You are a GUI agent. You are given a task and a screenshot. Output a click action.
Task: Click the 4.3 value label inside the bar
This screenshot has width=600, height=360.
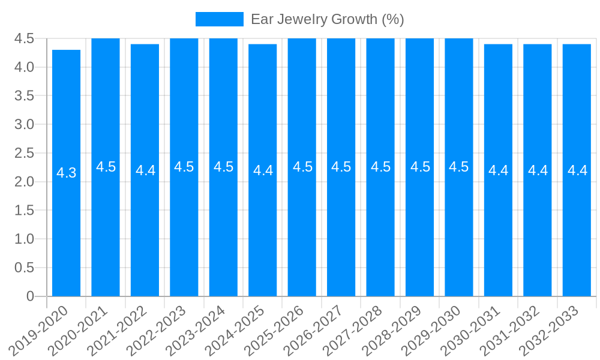tap(66, 173)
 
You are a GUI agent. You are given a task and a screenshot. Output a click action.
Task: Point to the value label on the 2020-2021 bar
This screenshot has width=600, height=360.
tap(106, 167)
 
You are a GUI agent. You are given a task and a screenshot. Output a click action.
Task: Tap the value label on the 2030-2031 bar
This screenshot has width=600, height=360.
tap(498, 170)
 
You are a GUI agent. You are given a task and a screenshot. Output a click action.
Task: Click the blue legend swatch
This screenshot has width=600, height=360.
tap(219, 19)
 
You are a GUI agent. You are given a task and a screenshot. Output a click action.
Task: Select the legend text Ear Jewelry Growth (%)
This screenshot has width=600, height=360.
tap(327, 19)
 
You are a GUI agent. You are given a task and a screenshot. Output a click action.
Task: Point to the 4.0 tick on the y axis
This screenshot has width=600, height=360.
tap(25, 67)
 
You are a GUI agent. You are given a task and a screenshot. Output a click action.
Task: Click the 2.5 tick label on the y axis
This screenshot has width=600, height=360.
tap(25, 153)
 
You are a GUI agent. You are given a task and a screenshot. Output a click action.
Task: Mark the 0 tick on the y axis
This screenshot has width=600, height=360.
tap(31, 296)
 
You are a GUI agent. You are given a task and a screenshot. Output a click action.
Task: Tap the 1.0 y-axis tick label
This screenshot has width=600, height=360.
tap(25, 239)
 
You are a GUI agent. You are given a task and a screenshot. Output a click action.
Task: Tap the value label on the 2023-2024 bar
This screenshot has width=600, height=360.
tap(223, 167)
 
